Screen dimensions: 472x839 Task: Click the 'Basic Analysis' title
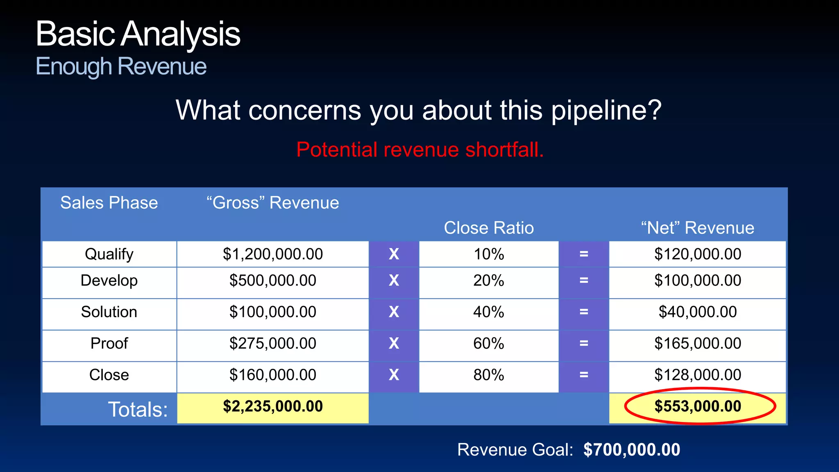pos(138,34)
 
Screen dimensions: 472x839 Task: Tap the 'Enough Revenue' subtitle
pos(121,66)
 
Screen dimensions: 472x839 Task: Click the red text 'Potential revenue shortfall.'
pos(420,150)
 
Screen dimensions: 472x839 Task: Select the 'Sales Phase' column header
pos(109,203)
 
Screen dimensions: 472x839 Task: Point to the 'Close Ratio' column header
pos(489,228)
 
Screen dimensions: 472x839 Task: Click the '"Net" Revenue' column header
pos(697,228)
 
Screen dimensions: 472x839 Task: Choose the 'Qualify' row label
pos(109,254)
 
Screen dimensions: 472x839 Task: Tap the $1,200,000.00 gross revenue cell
pos(273,254)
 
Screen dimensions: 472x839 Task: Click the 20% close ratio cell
pos(488,281)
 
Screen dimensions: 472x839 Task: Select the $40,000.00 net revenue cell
pos(697,312)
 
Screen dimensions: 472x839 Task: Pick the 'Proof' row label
pos(109,343)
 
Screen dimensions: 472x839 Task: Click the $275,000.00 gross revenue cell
pos(273,343)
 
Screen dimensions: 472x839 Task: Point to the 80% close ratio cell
pos(488,375)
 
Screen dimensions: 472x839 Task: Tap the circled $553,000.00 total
pos(698,406)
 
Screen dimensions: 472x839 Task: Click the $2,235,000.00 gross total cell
pos(273,406)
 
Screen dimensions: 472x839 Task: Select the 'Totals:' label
pos(138,410)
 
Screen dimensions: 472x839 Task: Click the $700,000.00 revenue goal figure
pos(632,450)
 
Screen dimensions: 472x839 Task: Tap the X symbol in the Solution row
pos(394,312)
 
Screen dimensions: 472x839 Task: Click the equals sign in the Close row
pos(584,375)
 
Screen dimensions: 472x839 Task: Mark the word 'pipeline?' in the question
pos(606,111)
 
